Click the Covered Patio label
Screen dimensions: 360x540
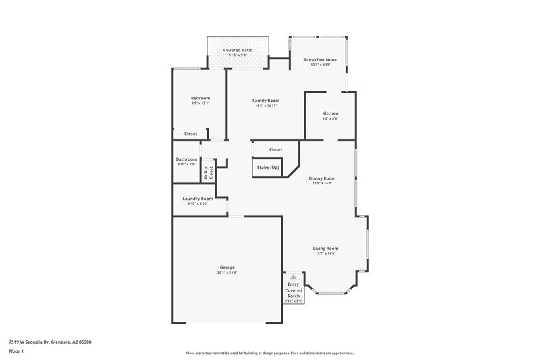coord(237,51)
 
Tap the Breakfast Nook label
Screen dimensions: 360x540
coord(320,60)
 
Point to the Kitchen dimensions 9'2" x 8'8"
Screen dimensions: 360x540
coord(330,118)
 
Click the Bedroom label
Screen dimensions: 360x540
coord(200,98)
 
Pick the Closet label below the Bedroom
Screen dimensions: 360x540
coord(191,134)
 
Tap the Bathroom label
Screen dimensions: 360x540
coord(186,159)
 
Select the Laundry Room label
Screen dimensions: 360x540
coord(197,199)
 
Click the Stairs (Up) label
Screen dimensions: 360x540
coord(267,167)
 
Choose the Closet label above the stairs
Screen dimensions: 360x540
coord(275,149)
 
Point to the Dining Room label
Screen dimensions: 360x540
coord(322,178)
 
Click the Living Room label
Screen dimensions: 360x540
coord(325,248)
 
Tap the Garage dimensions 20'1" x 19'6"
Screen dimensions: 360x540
coord(227,272)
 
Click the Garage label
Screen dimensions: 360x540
coord(227,267)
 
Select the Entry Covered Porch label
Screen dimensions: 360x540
coord(293,290)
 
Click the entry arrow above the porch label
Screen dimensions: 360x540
coord(293,277)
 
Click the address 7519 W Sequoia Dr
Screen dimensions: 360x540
coord(50,342)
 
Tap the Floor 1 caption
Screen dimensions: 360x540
coord(16,351)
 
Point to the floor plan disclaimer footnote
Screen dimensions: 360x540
coord(269,353)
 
